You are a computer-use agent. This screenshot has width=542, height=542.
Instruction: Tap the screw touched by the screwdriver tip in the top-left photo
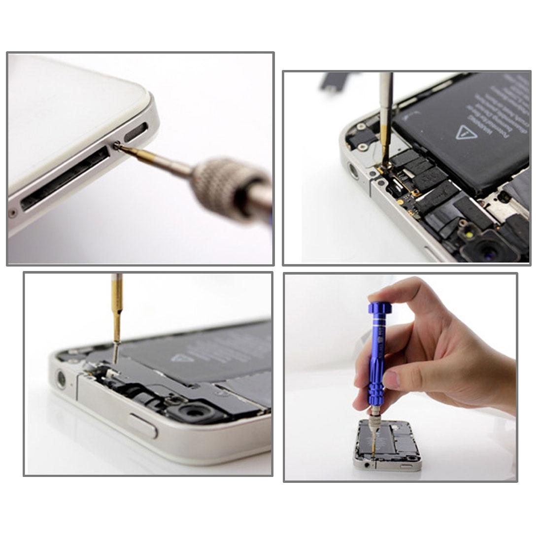[x=117, y=145]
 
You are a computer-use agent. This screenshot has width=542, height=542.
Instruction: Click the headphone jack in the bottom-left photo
[x=62, y=379]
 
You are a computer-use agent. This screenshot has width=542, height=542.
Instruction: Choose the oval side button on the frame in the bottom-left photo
[x=143, y=425]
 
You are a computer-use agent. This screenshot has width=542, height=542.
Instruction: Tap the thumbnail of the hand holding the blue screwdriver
[x=392, y=380]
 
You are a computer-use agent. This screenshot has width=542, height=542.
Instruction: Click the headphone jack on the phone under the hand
[x=366, y=464]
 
